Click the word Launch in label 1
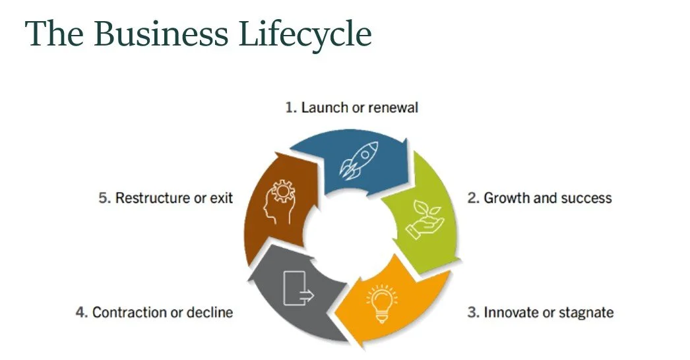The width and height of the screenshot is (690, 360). (x=325, y=107)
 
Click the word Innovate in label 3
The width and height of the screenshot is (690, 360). (x=509, y=312)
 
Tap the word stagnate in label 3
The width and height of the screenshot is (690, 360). (x=587, y=312)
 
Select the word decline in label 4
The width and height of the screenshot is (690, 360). (x=210, y=312)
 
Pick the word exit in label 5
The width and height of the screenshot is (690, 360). (x=223, y=198)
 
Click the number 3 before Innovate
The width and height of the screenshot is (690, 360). (x=472, y=312)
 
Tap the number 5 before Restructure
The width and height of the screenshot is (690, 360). (x=104, y=198)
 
